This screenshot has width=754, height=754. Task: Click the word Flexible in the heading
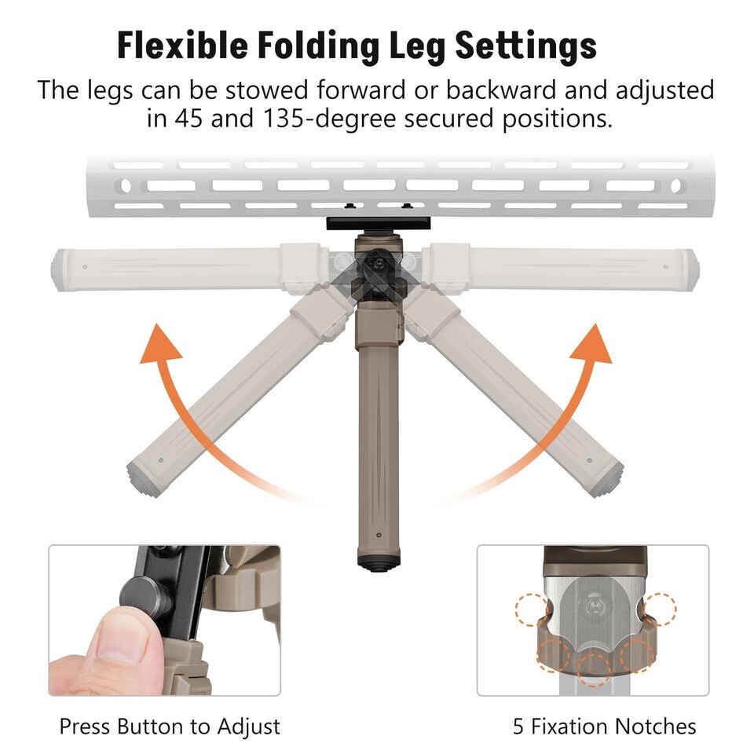(182, 46)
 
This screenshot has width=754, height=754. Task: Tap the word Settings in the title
(525, 47)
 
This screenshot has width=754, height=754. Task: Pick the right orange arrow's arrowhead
(591, 343)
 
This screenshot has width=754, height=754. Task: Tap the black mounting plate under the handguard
(378, 223)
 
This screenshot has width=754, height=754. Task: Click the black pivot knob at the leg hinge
(379, 264)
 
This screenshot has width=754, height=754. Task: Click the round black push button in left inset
(144, 597)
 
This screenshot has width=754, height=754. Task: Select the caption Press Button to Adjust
(170, 726)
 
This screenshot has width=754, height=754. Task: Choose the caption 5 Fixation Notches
(605, 726)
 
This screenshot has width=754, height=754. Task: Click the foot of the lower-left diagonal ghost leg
(145, 478)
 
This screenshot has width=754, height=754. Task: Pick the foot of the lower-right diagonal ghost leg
(606, 479)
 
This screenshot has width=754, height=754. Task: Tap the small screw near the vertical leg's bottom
(379, 535)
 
